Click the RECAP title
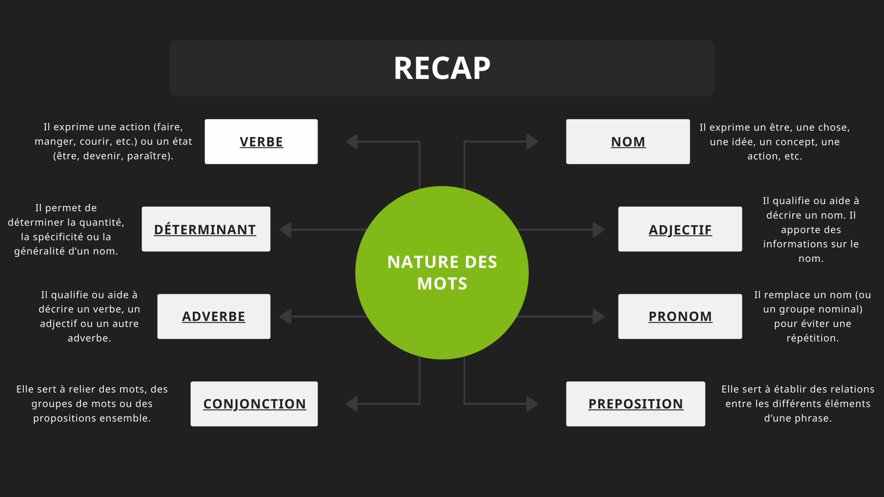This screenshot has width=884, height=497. point(442,68)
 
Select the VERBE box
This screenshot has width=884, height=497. point(261,142)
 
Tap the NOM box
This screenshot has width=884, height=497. point(628,142)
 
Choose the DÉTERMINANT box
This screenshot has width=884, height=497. point(206,229)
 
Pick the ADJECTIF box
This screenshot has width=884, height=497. point(680,229)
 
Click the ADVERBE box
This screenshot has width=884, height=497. point(214,316)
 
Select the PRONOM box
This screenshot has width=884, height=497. point(680,316)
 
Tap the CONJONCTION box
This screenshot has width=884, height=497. point(254,404)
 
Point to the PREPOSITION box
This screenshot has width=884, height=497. point(635,404)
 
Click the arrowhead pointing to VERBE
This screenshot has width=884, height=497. point(352,142)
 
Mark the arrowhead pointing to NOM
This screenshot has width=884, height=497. point(532,142)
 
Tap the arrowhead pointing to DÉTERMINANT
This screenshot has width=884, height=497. point(285,230)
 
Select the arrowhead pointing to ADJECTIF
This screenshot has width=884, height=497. point(598,230)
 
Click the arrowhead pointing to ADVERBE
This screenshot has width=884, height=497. point(285,316)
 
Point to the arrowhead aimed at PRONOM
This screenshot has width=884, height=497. point(598,316)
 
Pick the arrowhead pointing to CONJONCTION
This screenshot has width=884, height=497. point(352,403)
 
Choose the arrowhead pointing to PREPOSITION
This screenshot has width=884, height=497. point(532,403)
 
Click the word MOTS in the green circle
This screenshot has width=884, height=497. point(442,284)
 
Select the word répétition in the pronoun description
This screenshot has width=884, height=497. point(811,339)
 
